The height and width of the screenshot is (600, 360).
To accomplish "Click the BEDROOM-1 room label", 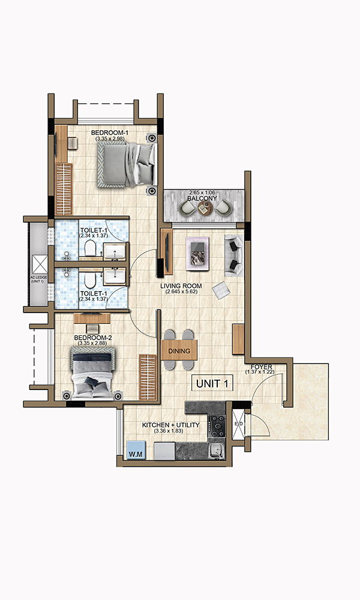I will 110,133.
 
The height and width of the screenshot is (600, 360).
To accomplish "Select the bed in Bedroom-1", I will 127,164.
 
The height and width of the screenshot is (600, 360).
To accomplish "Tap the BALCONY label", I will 202,197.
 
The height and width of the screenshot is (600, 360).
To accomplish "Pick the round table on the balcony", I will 205,208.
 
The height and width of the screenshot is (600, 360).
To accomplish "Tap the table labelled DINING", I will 179,351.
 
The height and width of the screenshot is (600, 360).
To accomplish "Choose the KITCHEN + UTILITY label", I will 170,425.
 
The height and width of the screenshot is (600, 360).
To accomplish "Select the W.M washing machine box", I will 136,454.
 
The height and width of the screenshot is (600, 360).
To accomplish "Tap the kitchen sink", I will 215,451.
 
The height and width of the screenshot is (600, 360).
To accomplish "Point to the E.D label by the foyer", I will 238,424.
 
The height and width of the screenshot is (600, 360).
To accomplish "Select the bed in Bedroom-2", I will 92,373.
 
